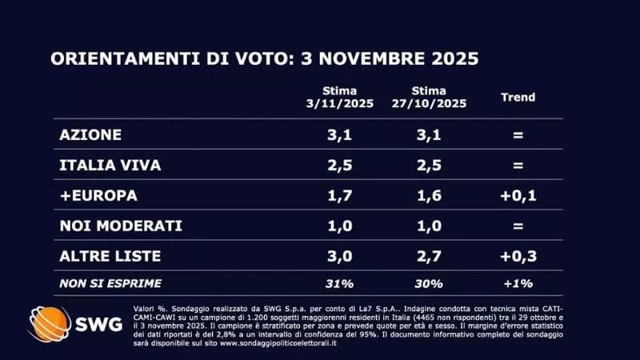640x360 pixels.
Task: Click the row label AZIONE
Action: point(90,134)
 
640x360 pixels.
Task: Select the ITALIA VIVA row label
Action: point(110,165)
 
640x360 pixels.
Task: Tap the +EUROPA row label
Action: point(98,195)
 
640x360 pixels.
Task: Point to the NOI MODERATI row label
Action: point(121,226)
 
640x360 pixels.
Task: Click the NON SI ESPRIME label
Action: point(110,282)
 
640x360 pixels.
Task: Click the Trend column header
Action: point(518,98)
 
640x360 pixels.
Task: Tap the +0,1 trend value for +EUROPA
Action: point(518,195)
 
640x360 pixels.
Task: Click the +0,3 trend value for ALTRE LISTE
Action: point(518,256)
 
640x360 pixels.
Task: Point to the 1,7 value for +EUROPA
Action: point(339,195)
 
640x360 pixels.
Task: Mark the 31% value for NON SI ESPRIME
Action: point(339,282)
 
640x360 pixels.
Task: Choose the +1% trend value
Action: point(518,282)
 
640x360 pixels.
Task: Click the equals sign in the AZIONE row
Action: point(518,134)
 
